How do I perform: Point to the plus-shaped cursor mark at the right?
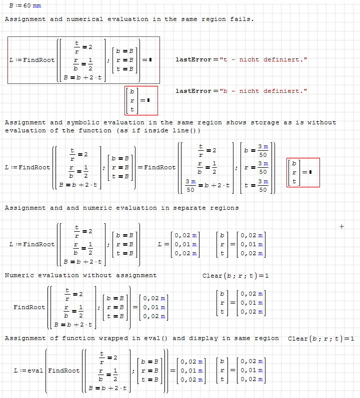(342, 226)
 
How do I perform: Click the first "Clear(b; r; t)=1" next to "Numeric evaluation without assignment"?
(236, 276)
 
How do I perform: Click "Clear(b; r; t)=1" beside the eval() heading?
(321, 339)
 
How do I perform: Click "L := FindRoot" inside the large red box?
(32, 60)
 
